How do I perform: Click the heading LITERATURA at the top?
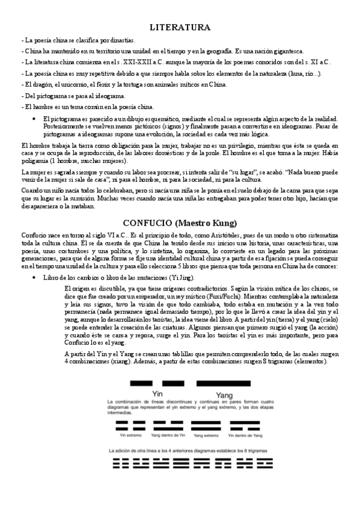tap(180, 27)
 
